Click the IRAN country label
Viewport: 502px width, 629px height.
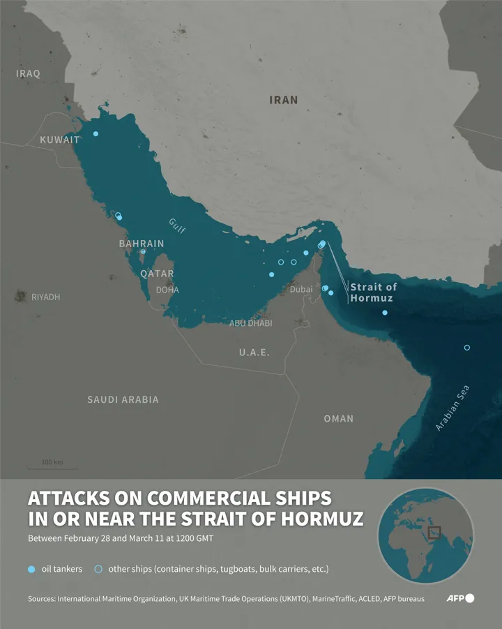[283, 100]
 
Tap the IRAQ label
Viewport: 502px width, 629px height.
[29, 73]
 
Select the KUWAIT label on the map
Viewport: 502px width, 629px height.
[59, 140]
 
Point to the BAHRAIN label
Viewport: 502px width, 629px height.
[142, 244]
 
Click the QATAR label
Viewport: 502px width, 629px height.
[157, 274]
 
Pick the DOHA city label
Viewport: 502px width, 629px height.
[167, 290]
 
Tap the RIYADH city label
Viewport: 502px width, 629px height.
[45, 297]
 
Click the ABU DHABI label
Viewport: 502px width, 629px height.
[251, 323]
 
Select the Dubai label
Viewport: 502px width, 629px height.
[301, 289]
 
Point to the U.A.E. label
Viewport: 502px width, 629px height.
[254, 353]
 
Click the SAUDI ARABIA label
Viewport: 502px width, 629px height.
[123, 399]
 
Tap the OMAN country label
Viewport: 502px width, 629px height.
[338, 418]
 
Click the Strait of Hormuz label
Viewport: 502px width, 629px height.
[373, 293]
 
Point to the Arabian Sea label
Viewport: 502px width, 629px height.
[452, 408]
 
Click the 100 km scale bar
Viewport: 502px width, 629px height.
[52, 466]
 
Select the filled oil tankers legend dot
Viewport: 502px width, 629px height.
[31, 569]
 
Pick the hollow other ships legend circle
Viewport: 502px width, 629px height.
[98, 569]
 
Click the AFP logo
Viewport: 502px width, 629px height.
[460, 598]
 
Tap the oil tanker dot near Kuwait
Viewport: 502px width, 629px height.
[96, 133]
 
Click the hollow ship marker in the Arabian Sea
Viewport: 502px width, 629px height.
[467, 348]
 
